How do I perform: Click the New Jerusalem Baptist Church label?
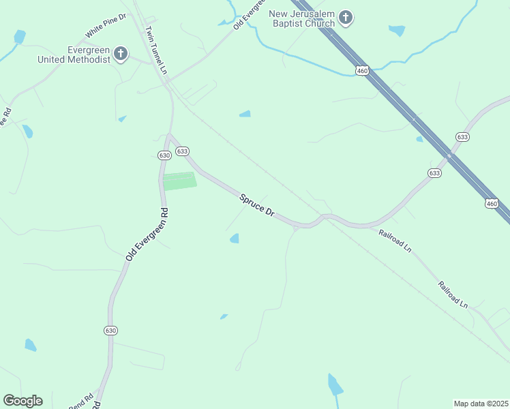(302, 18)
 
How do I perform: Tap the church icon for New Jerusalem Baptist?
(346, 18)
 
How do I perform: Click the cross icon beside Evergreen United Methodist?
(121, 54)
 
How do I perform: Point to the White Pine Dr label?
(106, 25)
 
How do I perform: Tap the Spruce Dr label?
(257, 204)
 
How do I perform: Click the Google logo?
(22, 401)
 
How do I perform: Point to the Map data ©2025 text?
(481, 403)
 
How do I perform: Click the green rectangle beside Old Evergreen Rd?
(179, 181)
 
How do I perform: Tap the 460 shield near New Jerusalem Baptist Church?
(362, 70)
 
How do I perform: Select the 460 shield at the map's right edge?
(492, 203)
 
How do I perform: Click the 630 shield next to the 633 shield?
(164, 155)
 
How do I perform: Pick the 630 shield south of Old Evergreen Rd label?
(111, 330)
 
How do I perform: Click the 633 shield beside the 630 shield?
(181, 151)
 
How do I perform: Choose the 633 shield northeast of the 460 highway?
(463, 137)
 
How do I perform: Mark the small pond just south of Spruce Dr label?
(235, 238)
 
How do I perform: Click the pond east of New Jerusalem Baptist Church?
(396, 30)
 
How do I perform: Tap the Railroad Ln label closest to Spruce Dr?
(395, 241)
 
